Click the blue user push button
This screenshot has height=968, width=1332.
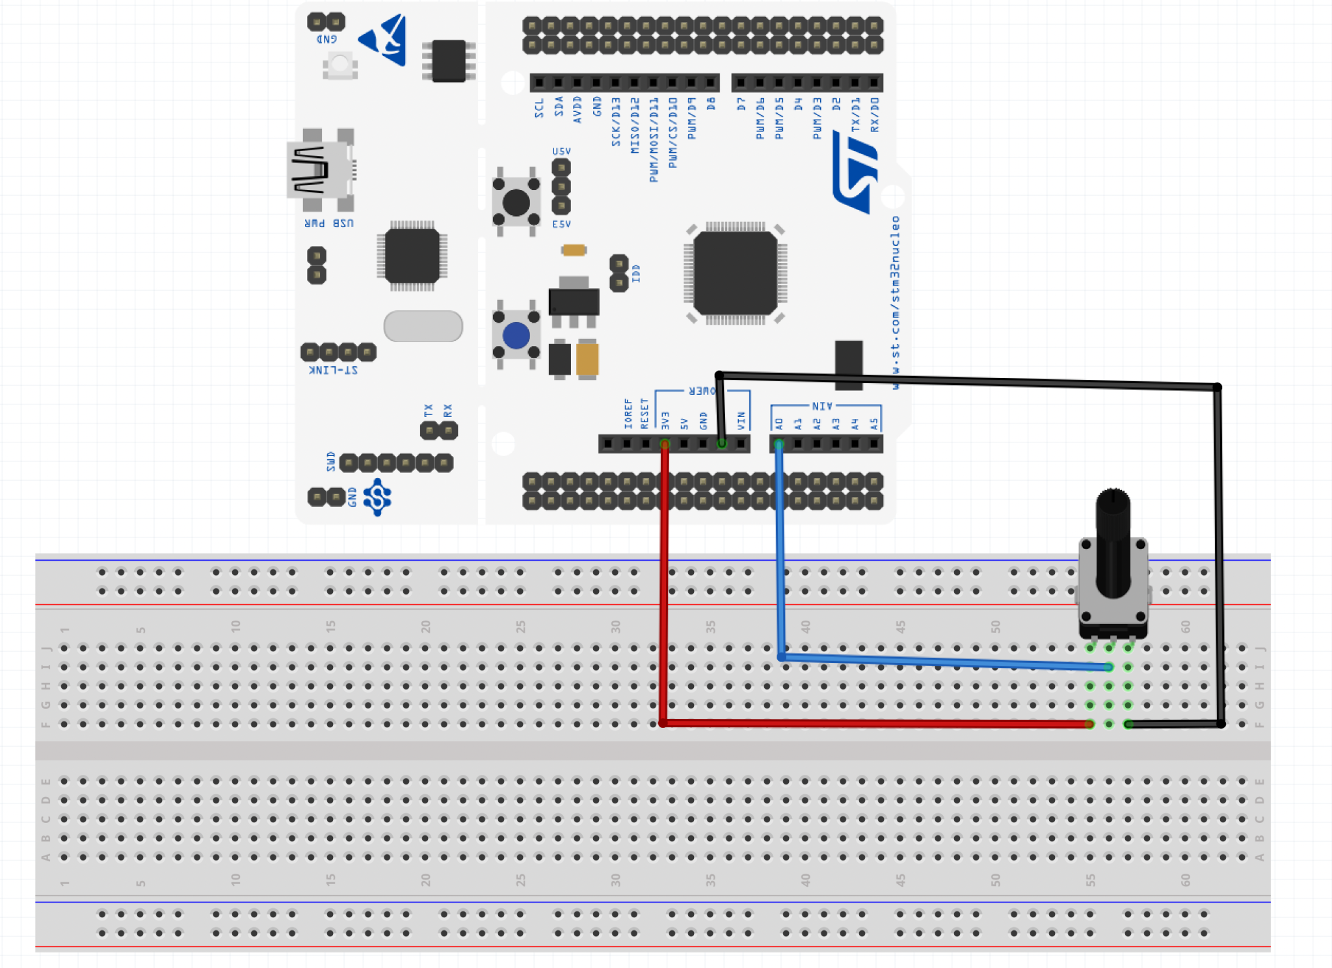516,336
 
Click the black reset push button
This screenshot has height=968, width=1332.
516,202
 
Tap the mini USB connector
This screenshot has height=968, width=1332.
318,170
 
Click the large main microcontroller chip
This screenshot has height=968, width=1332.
735,273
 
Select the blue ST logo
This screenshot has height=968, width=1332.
855,172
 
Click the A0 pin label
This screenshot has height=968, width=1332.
779,423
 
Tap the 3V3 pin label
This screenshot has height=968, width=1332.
665,420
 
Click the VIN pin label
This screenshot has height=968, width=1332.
741,420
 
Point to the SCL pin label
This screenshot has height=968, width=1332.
539,109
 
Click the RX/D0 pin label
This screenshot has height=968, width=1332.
875,115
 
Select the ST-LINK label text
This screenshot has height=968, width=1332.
332,370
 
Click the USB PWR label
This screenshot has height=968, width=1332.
329,223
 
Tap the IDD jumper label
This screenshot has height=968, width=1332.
636,273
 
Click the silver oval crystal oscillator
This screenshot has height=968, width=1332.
423,326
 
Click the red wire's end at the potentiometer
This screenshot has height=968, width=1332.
1089,724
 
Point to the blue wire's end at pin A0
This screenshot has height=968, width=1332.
779,444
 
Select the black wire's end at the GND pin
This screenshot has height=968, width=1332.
721,444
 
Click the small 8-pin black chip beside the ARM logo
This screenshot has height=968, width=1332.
449,61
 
